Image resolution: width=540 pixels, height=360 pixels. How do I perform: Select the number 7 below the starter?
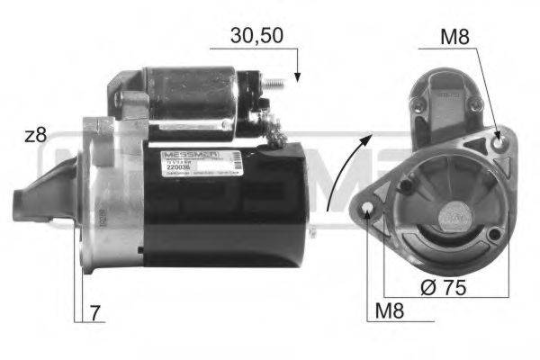coord(95,313)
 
